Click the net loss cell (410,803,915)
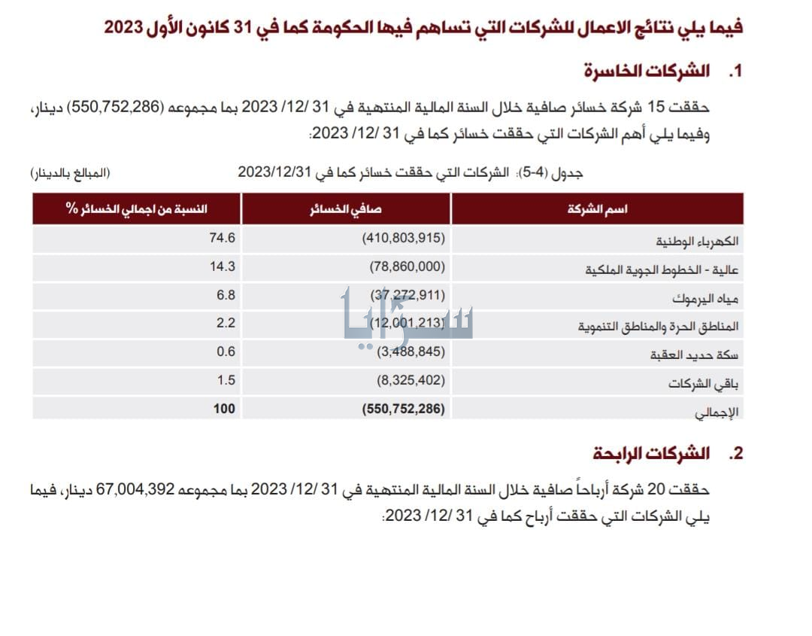point(404,239)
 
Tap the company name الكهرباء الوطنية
point(696,242)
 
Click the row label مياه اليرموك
point(707,297)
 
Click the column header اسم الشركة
point(598,208)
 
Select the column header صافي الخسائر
point(347,208)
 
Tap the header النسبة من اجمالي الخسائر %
point(136,208)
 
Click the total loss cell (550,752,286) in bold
point(404,409)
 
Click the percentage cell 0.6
point(226,351)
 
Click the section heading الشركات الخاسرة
point(647,72)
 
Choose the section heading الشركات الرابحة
point(651,453)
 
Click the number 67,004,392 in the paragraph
point(212,489)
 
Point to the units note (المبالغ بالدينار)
point(70,173)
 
